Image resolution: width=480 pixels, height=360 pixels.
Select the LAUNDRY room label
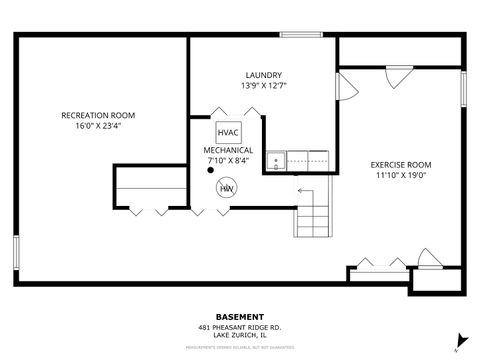[x=263, y=75]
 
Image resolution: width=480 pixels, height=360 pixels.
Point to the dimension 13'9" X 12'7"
[x=263, y=86]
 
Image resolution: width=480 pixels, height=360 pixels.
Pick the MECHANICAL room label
[x=229, y=150]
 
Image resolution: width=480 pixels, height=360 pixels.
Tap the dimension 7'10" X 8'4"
[x=229, y=160]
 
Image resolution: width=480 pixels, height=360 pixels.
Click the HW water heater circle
[x=227, y=187]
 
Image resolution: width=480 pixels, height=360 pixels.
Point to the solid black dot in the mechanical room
[x=210, y=170]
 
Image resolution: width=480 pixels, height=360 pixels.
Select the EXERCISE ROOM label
[x=400, y=164]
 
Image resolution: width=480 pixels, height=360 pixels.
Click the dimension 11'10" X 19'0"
[x=400, y=175]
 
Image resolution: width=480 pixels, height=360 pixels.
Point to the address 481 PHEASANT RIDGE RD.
[x=239, y=327]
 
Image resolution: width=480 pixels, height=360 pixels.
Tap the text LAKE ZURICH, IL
[x=239, y=335]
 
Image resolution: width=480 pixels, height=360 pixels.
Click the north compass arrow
[x=457, y=339]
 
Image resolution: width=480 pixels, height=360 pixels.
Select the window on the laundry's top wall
[x=299, y=35]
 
